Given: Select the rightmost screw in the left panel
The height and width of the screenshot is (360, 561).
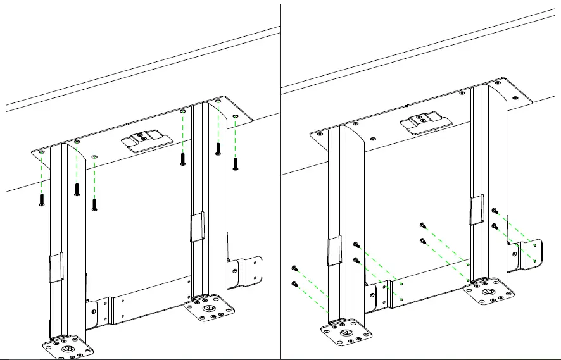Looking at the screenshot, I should [236, 163].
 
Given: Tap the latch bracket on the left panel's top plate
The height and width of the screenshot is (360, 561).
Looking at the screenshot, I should [146, 141].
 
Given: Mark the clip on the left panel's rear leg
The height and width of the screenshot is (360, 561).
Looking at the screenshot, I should [197, 227].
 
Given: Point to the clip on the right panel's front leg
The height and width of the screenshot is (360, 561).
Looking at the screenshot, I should [334, 252].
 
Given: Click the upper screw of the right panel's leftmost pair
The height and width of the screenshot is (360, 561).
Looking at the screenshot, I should [294, 268].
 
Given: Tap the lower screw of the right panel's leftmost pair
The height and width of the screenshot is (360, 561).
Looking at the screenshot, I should [294, 283].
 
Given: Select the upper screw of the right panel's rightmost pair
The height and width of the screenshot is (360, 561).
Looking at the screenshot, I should [495, 211].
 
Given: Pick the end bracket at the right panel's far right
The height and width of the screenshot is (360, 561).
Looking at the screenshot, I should [531, 254].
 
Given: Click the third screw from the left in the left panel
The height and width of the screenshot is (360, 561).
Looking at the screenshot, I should [94, 204].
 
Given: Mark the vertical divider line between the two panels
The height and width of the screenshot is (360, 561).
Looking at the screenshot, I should [280, 190].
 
